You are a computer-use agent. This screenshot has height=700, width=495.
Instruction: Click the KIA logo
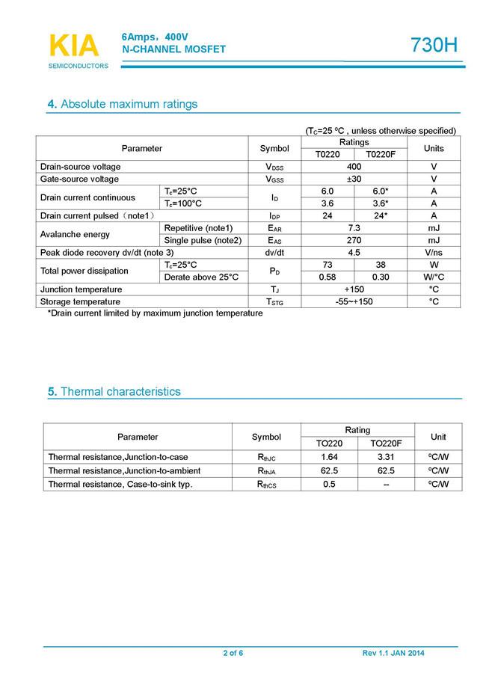(x=73, y=46)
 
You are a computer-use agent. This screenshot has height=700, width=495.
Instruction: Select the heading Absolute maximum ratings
(x=123, y=104)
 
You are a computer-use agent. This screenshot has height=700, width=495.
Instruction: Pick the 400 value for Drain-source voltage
(x=354, y=167)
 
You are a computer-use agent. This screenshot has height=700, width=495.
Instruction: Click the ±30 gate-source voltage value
(x=354, y=179)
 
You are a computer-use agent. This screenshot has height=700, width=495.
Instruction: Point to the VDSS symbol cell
(x=274, y=167)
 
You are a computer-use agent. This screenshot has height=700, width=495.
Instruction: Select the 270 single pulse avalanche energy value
(x=354, y=241)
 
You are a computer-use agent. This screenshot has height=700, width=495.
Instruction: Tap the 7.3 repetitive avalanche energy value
(x=354, y=228)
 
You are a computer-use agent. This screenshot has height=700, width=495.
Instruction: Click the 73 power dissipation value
(x=328, y=265)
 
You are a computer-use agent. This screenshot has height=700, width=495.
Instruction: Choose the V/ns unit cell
(x=433, y=253)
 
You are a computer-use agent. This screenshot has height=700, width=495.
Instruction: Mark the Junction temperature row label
(x=81, y=289)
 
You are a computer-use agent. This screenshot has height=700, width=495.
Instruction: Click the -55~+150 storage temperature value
(x=354, y=301)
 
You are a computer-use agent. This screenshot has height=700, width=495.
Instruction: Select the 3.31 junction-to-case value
(x=386, y=457)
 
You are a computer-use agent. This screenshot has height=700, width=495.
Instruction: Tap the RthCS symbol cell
(x=266, y=485)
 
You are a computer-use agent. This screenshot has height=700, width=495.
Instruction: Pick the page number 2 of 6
(x=233, y=654)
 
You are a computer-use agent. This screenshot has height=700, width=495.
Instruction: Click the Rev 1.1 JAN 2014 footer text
(x=393, y=654)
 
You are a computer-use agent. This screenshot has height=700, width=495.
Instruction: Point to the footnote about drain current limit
(x=155, y=313)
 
